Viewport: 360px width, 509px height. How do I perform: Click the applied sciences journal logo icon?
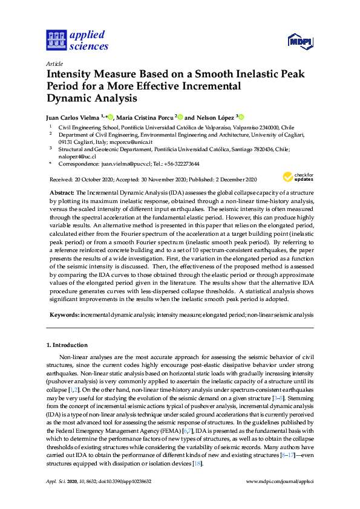tap(55, 40)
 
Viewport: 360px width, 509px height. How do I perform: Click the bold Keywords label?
tap(64, 315)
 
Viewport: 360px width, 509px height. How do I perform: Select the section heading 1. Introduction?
tap(67, 346)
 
